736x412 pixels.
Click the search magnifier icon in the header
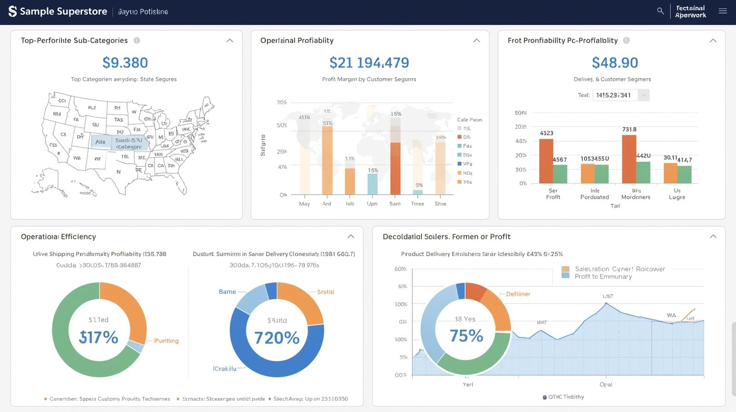(661, 11)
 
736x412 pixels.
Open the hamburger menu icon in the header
(723, 11)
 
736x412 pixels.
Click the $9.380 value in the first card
(125, 63)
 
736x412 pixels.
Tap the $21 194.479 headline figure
(369, 63)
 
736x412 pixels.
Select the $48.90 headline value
(615, 63)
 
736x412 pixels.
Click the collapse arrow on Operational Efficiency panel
(351, 236)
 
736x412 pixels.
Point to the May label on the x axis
(305, 204)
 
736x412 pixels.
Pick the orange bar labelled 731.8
(629, 159)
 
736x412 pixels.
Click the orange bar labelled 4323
(546, 161)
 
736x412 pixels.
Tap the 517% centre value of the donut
(99, 338)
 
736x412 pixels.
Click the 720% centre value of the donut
(277, 338)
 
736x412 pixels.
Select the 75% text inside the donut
(466, 336)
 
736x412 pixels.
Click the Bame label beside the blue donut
(227, 292)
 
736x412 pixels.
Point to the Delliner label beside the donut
(518, 294)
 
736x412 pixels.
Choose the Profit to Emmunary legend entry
(603, 276)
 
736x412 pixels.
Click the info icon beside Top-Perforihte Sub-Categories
(137, 40)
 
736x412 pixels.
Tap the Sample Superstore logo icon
(12, 11)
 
